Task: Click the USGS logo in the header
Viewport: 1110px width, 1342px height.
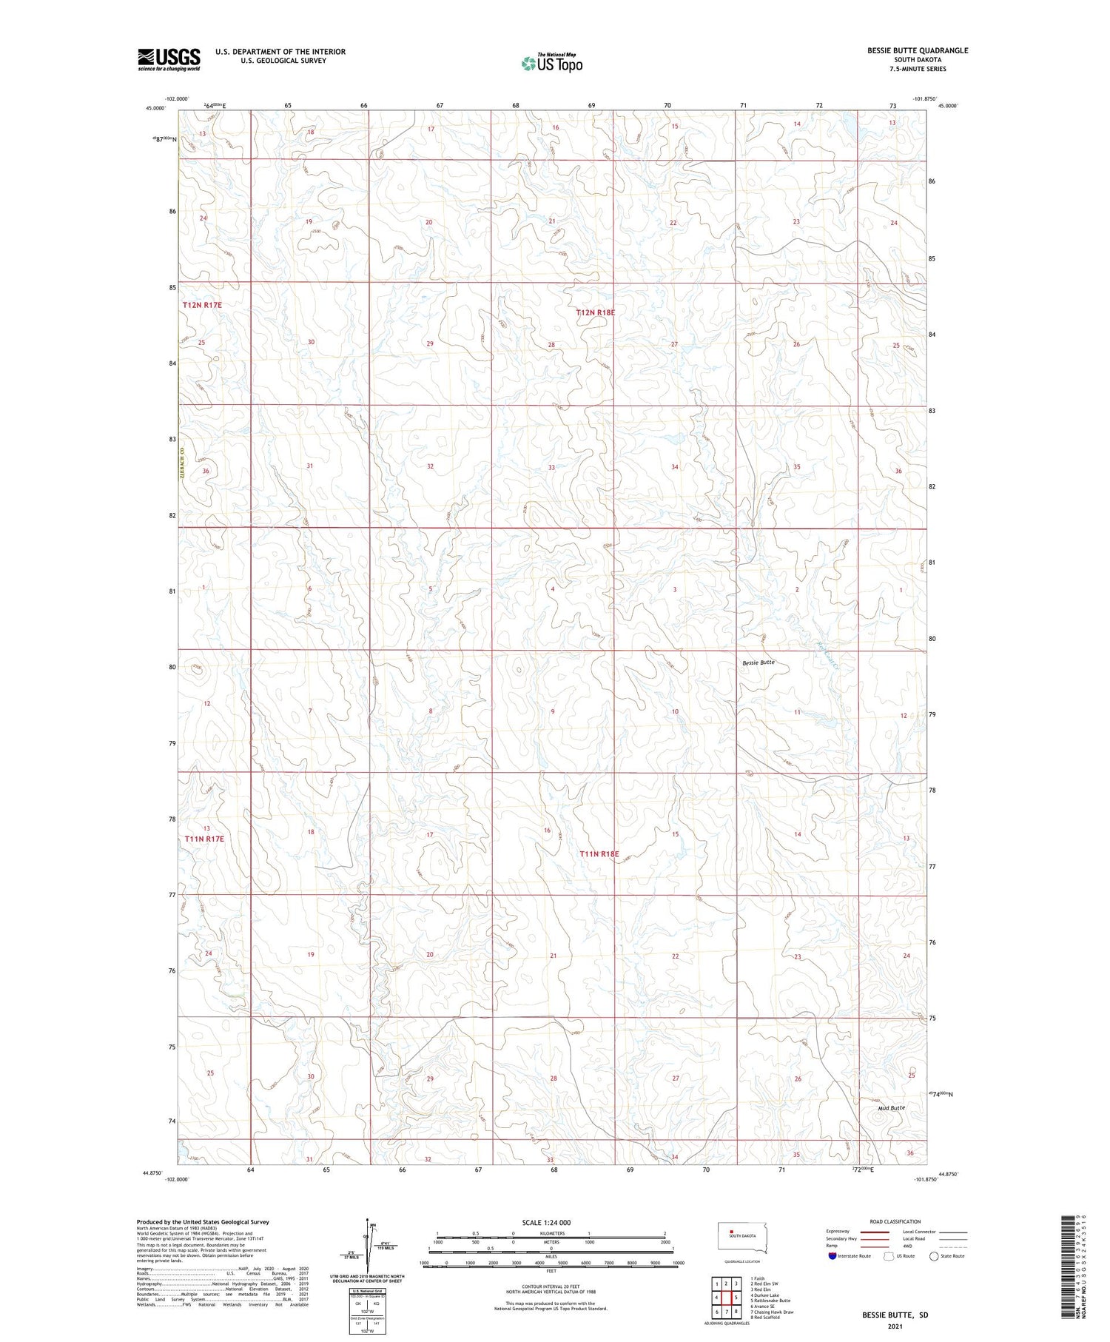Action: [x=169, y=59]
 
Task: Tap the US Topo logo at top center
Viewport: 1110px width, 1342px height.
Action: [x=551, y=63]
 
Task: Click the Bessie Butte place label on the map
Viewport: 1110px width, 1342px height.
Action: [x=758, y=662]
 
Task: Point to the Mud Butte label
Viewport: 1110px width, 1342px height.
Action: [x=891, y=1108]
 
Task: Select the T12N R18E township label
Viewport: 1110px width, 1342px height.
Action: [x=595, y=313]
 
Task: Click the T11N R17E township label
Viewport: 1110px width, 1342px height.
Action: [x=204, y=839]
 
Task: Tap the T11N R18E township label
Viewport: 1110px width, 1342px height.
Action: [x=599, y=853]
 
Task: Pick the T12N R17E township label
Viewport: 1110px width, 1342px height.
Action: [x=202, y=305]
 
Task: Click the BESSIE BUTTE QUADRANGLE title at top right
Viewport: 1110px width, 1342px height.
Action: [x=918, y=50]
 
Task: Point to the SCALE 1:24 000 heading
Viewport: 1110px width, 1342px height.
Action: [x=546, y=1222]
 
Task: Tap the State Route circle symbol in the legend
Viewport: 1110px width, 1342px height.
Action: [x=934, y=1256]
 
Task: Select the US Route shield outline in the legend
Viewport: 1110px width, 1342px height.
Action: [x=889, y=1256]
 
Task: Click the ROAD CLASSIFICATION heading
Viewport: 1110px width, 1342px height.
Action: [x=895, y=1221]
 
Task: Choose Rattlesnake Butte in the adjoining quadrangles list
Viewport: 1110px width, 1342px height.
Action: [x=771, y=1301]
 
